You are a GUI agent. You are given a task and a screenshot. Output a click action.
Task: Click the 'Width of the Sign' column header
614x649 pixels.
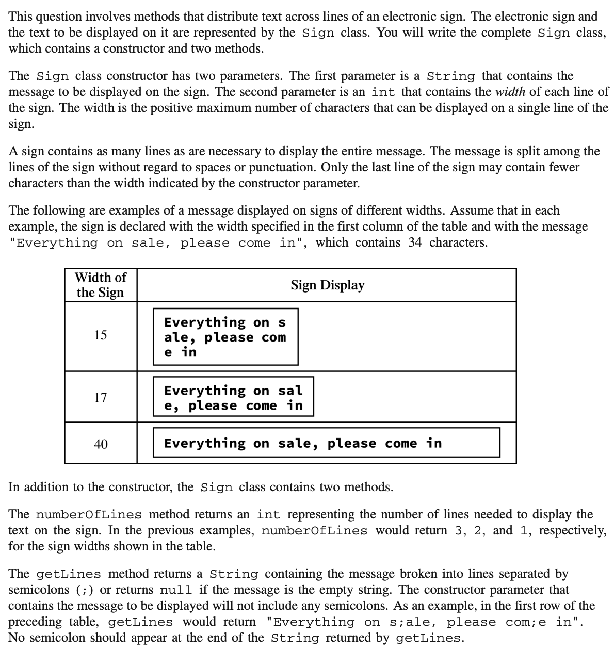[x=101, y=285]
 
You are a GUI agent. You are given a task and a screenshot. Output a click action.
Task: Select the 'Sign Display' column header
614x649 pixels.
[x=327, y=285]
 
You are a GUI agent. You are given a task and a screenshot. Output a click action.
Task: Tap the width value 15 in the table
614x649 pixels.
[x=101, y=335]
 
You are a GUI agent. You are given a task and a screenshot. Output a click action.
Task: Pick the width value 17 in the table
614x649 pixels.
[x=101, y=398]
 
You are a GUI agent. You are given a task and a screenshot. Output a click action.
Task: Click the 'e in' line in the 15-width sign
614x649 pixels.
[x=180, y=352]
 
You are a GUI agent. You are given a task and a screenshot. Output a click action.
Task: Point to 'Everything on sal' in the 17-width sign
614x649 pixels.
[x=233, y=391]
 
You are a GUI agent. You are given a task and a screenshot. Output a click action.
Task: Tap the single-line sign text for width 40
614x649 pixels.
[x=303, y=443]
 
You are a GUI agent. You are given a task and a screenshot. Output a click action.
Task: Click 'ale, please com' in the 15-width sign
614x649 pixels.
[x=225, y=338]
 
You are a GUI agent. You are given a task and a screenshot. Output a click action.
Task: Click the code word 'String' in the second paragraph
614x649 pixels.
[x=451, y=76]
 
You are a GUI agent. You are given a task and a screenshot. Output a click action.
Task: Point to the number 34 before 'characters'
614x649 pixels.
[x=415, y=242]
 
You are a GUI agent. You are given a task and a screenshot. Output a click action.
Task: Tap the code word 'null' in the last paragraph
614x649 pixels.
[x=176, y=590]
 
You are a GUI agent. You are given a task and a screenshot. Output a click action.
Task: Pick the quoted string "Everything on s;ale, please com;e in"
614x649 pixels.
[x=425, y=622]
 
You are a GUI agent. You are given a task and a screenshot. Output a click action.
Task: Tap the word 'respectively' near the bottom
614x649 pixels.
[x=572, y=530]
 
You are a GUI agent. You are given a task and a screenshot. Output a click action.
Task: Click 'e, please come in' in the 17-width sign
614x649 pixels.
[x=233, y=406]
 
